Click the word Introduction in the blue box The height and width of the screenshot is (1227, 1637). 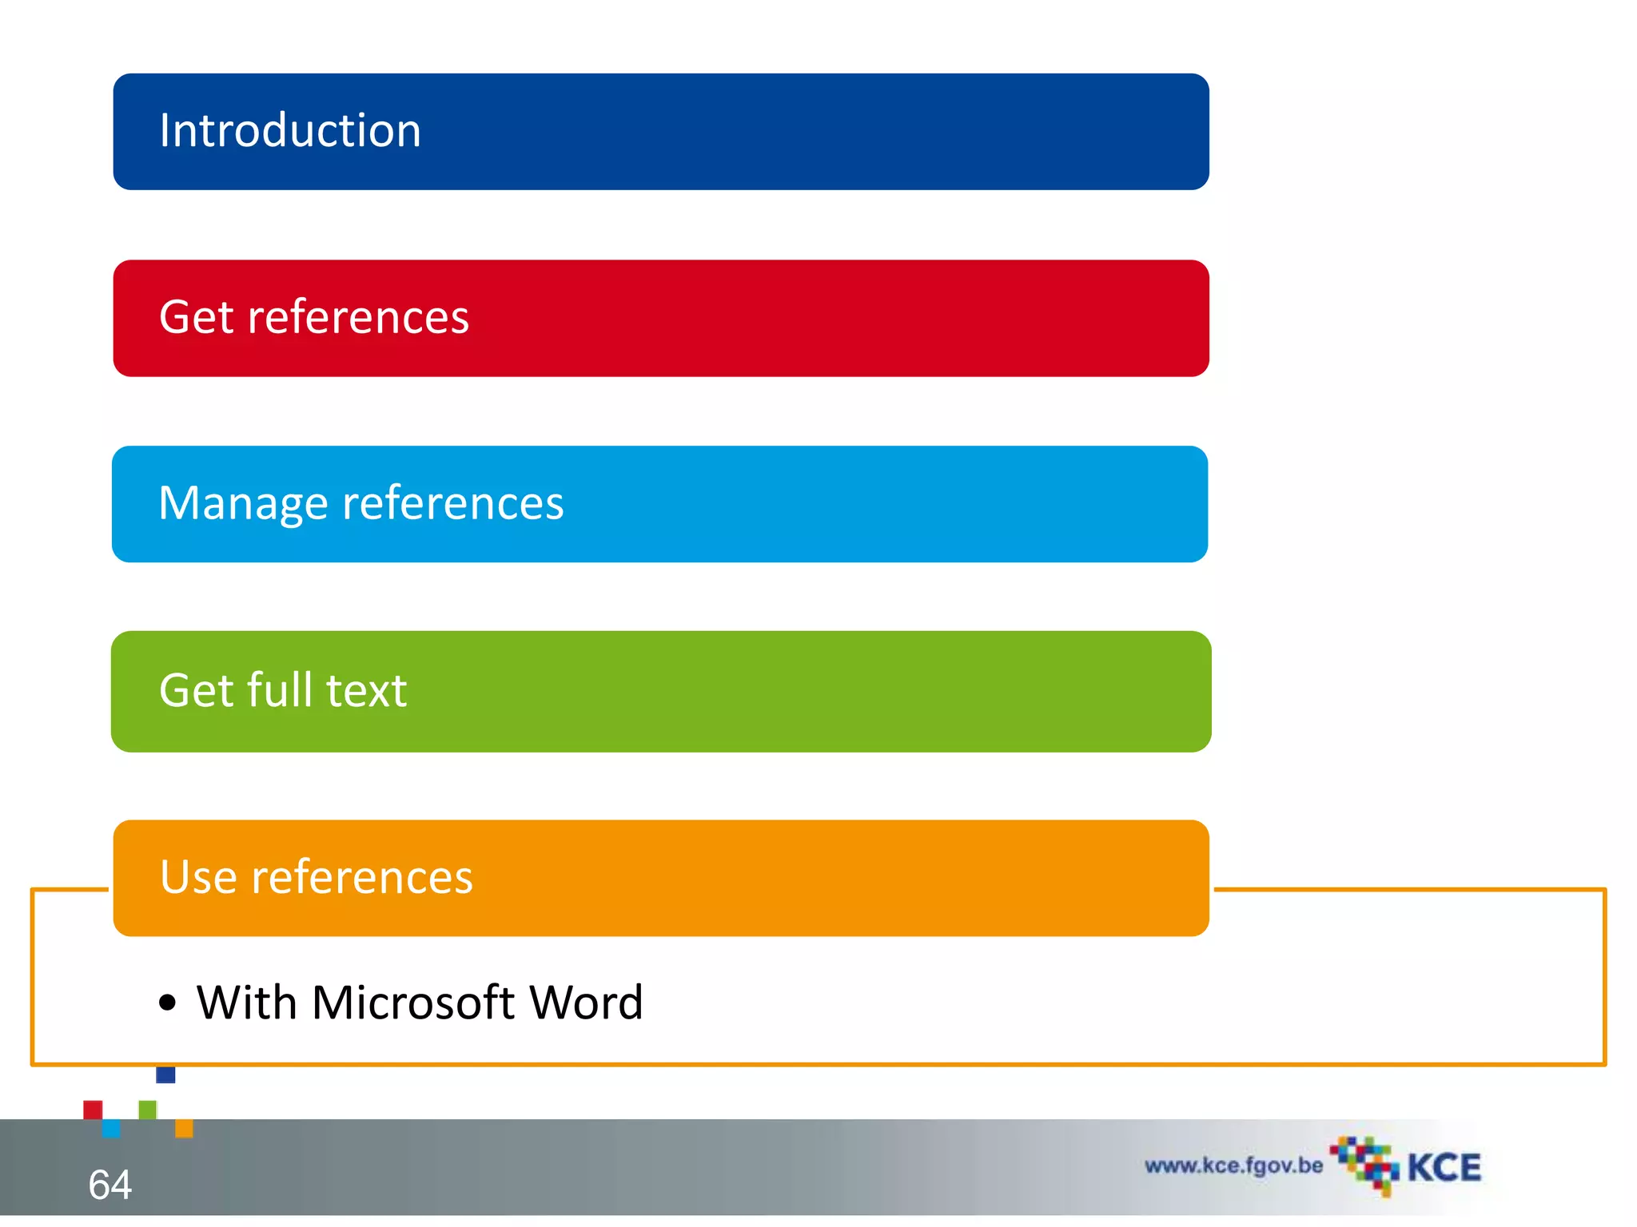(x=289, y=130)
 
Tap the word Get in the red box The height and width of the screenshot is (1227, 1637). (x=195, y=317)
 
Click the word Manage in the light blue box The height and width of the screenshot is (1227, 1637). (x=243, y=505)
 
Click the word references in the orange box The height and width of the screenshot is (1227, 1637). (x=362, y=877)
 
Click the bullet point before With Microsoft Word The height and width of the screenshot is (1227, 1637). (x=167, y=1003)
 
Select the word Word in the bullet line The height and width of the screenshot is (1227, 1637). (x=586, y=1003)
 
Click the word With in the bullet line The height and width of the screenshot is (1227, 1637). (x=247, y=1003)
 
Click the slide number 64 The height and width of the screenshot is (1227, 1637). (x=110, y=1184)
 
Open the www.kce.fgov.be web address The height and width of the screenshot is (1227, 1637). (x=1233, y=1165)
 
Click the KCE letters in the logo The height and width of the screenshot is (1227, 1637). (x=1444, y=1168)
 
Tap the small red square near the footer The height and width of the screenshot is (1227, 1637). (x=93, y=1110)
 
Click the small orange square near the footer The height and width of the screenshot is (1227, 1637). (x=184, y=1128)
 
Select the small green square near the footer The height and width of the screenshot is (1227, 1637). (x=148, y=1110)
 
